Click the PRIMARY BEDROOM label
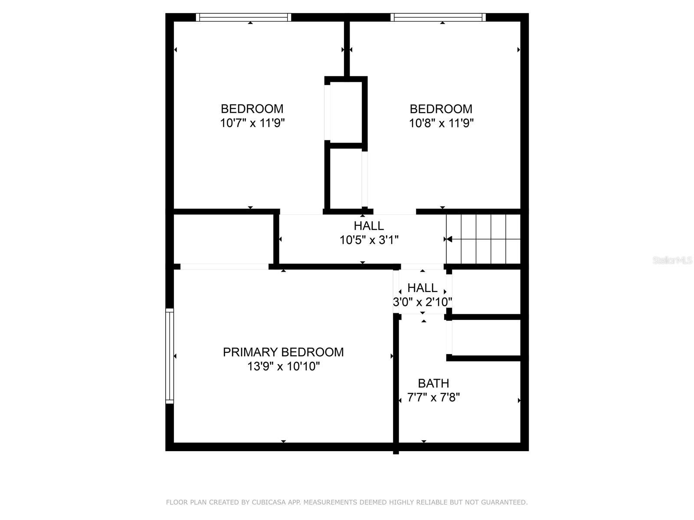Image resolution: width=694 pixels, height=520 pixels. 283,352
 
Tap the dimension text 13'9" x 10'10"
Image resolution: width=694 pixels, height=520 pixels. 283,367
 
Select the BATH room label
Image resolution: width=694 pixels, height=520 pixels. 433,383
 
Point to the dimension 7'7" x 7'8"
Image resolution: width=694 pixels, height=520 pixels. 433,397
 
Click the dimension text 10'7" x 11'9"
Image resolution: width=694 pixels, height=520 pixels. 252,123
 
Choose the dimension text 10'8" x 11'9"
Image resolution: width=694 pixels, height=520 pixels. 442,123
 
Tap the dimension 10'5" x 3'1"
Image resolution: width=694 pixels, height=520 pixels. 369,240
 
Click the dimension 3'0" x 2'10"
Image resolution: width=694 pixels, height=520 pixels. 422,302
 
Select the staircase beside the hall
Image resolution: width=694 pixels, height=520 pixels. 483,239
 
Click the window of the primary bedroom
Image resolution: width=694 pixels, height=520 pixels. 170,356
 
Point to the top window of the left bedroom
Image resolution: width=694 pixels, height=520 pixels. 243,17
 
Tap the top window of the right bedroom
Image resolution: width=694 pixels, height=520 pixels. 438,17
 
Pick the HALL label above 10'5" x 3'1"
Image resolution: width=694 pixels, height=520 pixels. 369,226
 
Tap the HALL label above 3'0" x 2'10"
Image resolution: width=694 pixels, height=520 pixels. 422,288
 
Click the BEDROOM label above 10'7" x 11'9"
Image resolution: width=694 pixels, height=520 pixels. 252,109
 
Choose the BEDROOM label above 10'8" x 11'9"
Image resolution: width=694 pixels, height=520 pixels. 441,109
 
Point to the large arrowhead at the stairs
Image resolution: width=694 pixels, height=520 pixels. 449,239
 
